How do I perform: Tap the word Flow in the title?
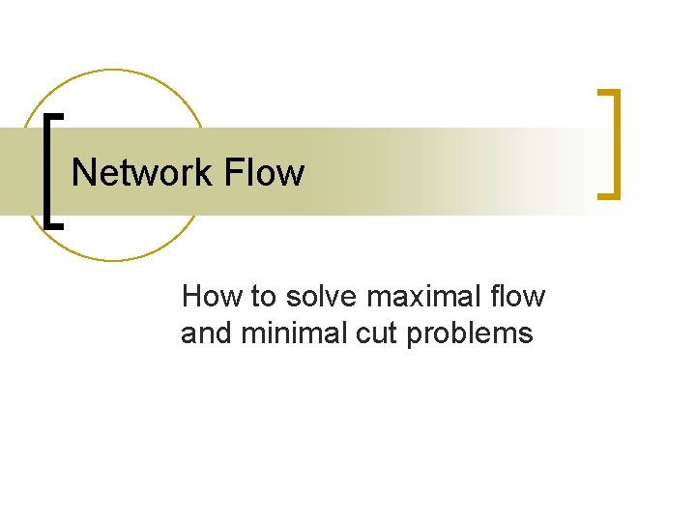pyautogui.click(x=264, y=173)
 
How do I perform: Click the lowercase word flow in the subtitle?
pyautogui.click(x=521, y=296)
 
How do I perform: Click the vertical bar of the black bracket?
pyautogui.click(x=48, y=170)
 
